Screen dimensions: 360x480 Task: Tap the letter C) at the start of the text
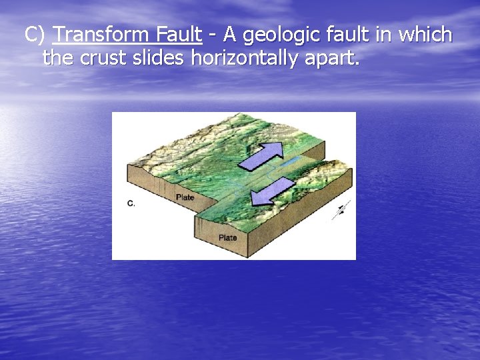(36, 34)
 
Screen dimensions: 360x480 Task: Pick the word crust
(101, 58)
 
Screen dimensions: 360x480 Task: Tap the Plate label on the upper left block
(185, 197)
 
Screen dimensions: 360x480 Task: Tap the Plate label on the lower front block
(227, 237)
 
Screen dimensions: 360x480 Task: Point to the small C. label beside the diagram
(131, 203)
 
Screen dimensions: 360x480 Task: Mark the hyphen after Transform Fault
(215, 35)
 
